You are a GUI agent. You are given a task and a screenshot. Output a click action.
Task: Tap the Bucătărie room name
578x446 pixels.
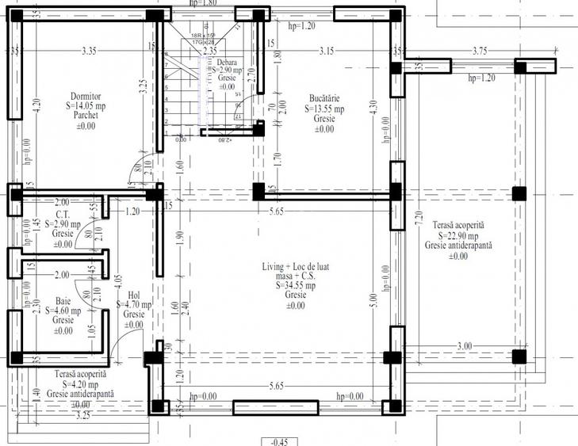(325, 100)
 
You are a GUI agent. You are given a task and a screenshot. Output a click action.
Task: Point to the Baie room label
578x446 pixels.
(64, 301)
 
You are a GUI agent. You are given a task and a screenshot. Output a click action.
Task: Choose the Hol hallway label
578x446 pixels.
(133, 295)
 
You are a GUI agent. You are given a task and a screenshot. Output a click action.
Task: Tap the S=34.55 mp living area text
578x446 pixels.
(296, 286)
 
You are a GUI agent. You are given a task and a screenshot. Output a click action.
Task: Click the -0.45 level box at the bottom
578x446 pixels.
(280, 441)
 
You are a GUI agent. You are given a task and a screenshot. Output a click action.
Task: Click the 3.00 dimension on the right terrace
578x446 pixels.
(464, 345)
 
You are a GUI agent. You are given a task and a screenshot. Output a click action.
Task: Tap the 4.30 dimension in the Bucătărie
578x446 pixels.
(374, 107)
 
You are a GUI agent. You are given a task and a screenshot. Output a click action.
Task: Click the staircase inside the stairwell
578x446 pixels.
(186, 91)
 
